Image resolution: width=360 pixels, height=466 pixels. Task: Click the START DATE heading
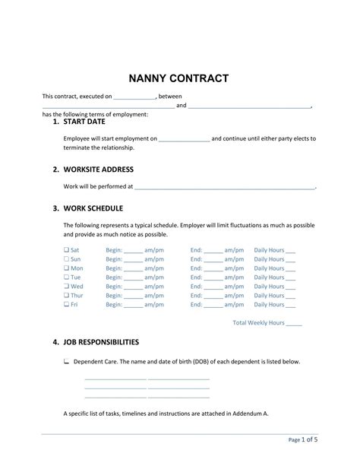[x=84, y=122]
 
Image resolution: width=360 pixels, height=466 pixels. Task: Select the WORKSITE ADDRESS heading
[x=98, y=169]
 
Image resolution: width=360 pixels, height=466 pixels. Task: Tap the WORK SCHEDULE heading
[x=93, y=208]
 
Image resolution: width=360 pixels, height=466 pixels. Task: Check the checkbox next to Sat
[x=67, y=250]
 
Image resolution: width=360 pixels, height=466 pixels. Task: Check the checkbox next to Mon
[x=67, y=268]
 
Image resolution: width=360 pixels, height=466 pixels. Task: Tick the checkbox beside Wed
[x=67, y=287]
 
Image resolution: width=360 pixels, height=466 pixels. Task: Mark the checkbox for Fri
[x=67, y=305]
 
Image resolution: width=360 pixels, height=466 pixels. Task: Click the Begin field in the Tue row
[x=133, y=278]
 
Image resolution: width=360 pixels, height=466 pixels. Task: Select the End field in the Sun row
[x=213, y=260]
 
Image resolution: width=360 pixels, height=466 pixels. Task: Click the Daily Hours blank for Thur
[x=290, y=296]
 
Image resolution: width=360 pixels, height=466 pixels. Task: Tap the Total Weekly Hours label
[x=257, y=322]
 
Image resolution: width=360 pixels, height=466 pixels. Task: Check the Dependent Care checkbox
[x=67, y=362]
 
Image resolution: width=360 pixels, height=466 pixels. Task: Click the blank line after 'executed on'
[x=134, y=97]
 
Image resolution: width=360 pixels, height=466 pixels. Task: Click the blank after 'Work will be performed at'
[x=224, y=186]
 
